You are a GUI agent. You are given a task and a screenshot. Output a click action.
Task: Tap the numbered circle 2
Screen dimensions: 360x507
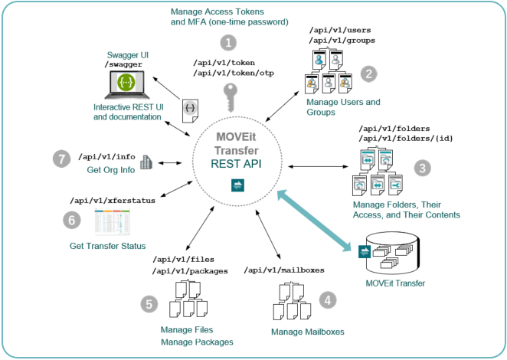click(x=370, y=74)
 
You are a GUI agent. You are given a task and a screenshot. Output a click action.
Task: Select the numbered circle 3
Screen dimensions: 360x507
click(x=422, y=167)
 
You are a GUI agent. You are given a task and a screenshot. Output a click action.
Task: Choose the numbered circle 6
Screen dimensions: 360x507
click(x=71, y=219)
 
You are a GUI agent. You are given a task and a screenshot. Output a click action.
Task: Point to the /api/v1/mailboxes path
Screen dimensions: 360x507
click(x=283, y=270)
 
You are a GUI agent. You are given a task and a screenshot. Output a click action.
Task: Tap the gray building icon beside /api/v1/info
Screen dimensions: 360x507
click(x=148, y=162)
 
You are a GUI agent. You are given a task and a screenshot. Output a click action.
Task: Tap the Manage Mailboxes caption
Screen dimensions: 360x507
click(x=307, y=332)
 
